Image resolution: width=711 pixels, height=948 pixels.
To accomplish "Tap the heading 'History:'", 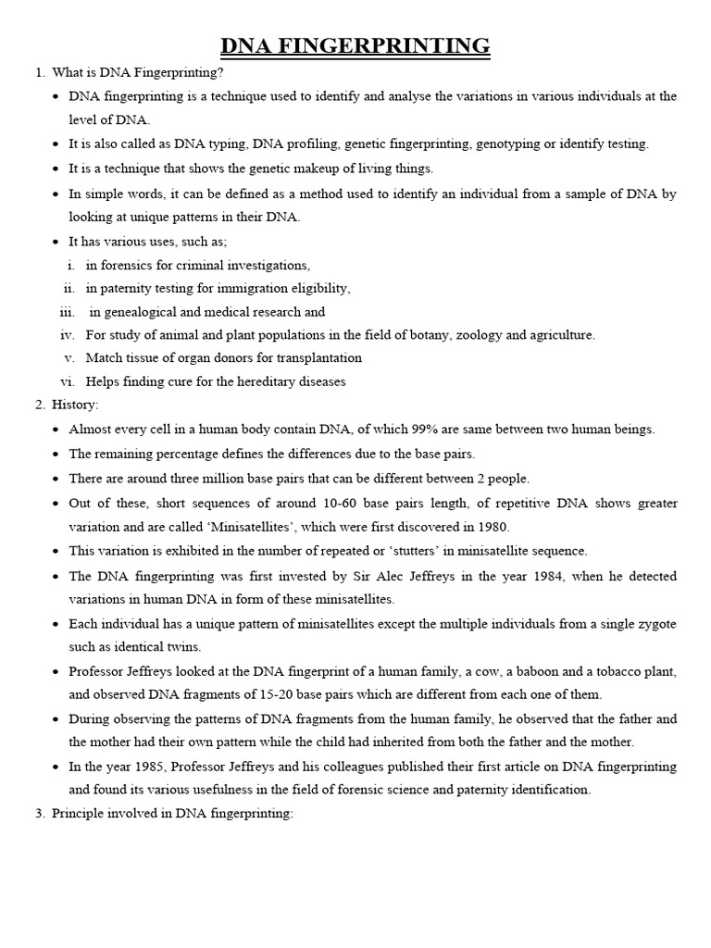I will [77, 405].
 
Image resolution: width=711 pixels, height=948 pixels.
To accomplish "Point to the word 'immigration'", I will [255, 288].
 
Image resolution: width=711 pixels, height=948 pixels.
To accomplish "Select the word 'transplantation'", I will [317, 357].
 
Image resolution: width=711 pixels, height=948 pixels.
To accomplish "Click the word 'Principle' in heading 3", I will [79, 814].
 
